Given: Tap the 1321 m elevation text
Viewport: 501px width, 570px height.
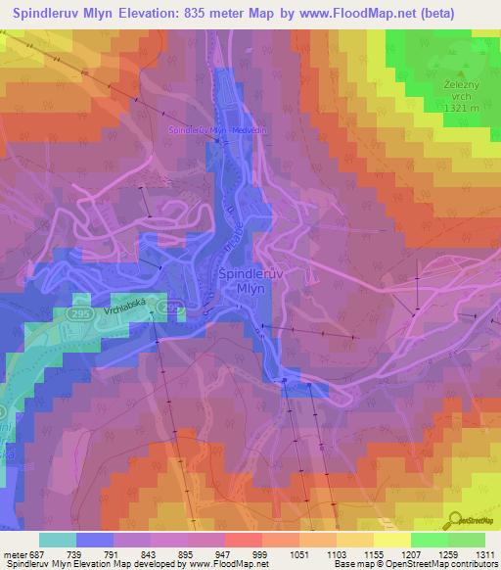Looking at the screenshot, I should (459, 108).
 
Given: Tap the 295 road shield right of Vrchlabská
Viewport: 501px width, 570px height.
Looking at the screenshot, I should (172, 309).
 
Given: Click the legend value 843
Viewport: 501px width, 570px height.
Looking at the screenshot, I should (147, 554).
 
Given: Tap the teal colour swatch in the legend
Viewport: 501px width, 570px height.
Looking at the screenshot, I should (57, 540).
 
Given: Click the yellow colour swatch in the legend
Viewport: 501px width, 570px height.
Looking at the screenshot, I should (391, 540).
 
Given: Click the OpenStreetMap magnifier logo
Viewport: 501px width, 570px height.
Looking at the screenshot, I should (453, 522).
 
